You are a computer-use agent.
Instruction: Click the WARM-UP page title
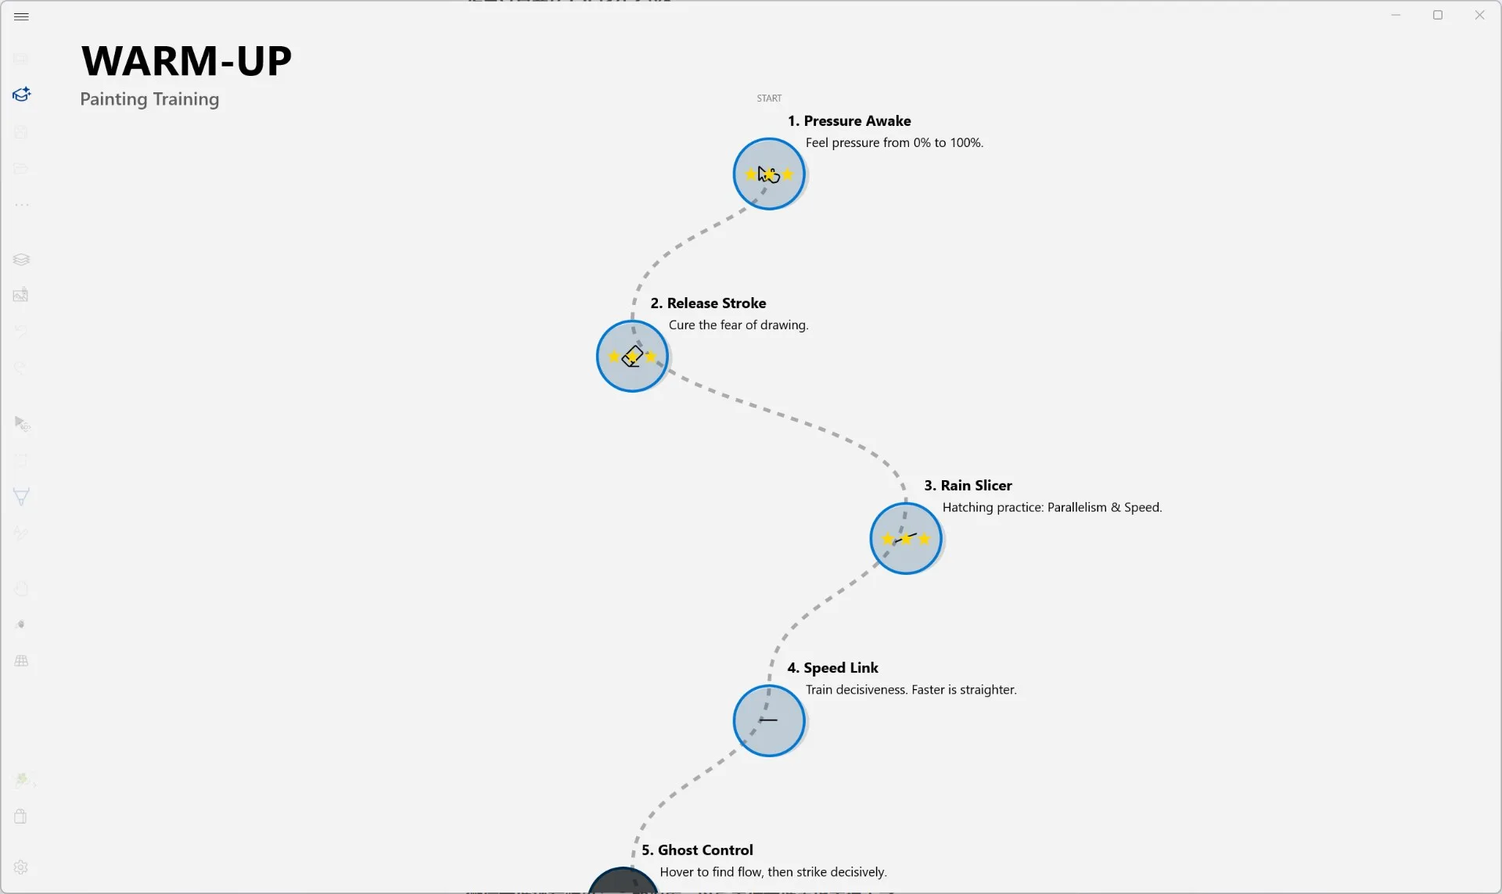point(186,61)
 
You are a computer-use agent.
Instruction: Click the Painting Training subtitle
point(149,99)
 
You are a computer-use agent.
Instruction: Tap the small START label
point(769,99)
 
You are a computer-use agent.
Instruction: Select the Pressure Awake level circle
point(769,174)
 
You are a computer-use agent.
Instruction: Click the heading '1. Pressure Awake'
point(849,121)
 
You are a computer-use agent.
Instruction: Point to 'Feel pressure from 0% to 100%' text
point(894,143)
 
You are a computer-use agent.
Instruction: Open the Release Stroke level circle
point(632,356)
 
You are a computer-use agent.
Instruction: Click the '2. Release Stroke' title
point(708,303)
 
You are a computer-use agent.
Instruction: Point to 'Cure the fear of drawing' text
point(738,325)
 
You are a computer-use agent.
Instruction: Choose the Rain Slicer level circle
point(906,538)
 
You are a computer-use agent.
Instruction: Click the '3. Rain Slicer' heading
point(968,486)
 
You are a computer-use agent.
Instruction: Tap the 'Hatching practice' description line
point(1052,508)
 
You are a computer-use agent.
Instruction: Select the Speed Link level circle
point(769,720)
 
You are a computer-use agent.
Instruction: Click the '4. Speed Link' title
point(832,668)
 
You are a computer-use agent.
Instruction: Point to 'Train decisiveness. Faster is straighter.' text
point(911,690)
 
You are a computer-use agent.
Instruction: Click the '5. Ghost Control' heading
point(697,850)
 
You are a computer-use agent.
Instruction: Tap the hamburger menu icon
point(21,16)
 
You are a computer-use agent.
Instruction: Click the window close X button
point(1479,15)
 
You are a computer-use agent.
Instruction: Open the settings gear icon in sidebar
point(21,867)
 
